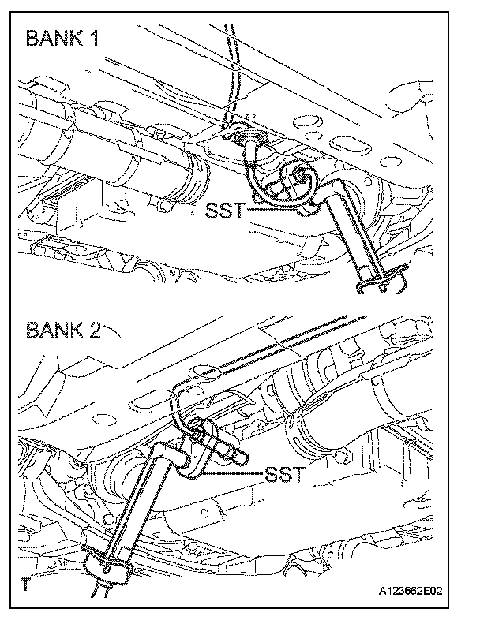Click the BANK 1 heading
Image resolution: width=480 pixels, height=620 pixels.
63,38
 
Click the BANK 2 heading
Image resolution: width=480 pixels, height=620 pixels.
63,328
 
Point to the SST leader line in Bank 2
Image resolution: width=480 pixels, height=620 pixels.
233,471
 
